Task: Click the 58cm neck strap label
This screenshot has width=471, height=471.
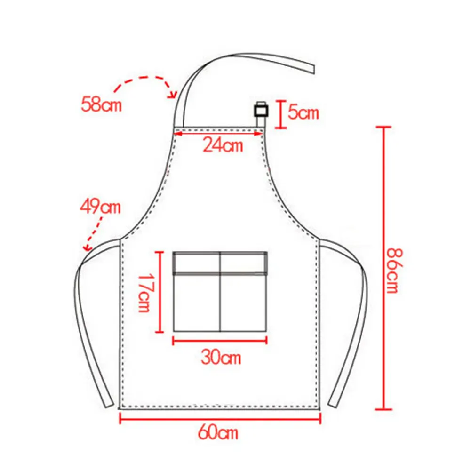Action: [x=101, y=104]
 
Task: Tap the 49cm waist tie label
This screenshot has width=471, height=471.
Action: [x=100, y=207]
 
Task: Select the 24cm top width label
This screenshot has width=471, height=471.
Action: [x=223, y=145]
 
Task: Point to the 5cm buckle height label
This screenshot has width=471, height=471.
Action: [x=303, y=112]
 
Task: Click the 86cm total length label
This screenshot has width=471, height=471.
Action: [x=394, y=271]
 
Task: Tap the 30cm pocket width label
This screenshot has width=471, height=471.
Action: [x=221, y=357]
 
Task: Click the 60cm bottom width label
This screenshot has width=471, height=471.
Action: [x=218, y=432]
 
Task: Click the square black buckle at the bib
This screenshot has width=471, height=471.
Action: [x=261, y=111]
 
